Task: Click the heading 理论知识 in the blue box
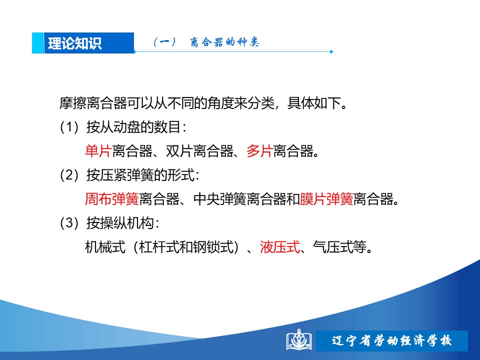74,43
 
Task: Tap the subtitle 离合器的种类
224,42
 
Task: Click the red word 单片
98,151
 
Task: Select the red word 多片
259,151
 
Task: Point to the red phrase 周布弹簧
111,199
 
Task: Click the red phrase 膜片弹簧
326,199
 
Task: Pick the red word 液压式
280,246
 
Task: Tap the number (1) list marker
69,127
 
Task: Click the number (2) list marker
69,175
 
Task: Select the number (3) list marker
69,223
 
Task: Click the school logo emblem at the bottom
299,340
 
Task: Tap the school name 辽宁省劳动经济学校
391,340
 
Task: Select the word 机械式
105,246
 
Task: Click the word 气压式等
339,246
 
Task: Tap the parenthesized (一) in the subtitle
164,42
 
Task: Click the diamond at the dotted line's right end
331,51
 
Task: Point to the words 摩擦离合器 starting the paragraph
93,103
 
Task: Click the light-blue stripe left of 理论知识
38,43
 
